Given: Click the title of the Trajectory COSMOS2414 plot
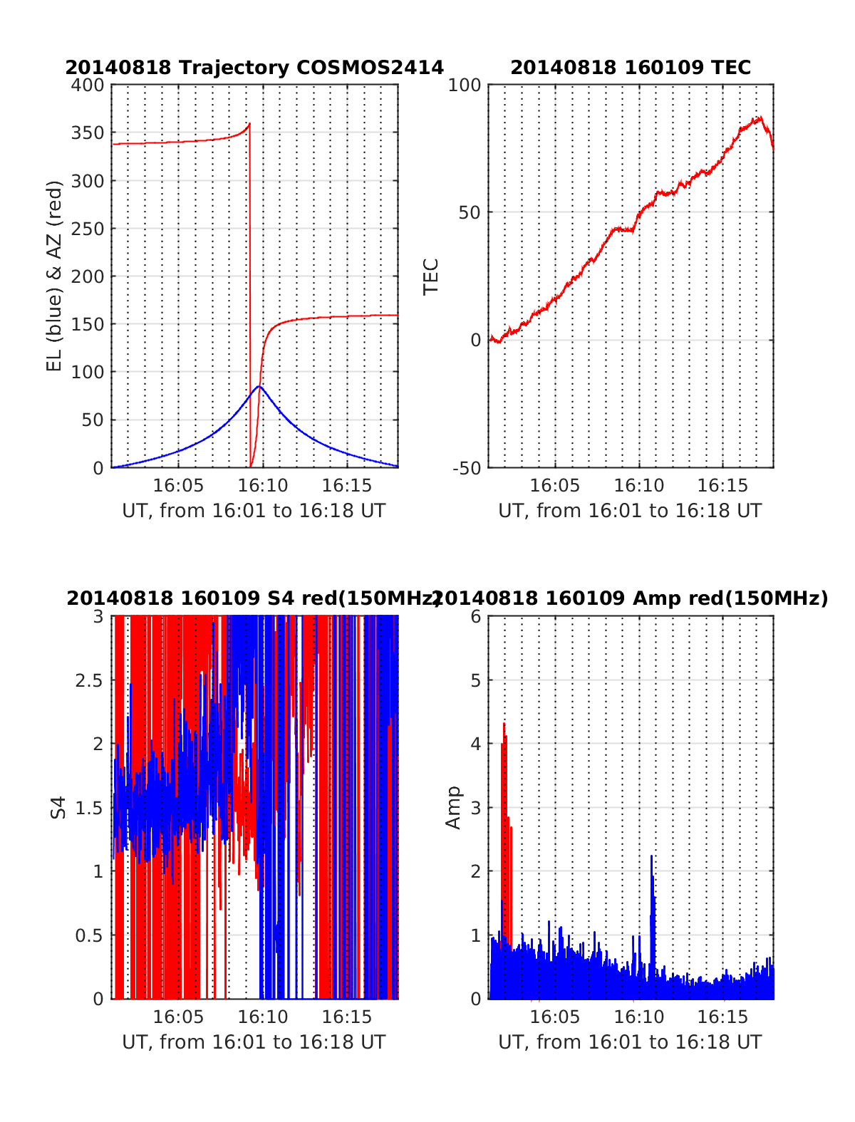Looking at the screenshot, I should pos(254,68).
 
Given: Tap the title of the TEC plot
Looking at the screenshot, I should pos(631,68).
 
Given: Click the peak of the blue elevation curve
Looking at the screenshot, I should pos(259,386).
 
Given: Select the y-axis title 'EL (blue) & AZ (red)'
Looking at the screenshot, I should pos(55,276).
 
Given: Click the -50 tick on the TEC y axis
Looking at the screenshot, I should pos(466,468).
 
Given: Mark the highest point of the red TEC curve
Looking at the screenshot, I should pos(760,118).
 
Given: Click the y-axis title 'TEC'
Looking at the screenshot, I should pos(431,276).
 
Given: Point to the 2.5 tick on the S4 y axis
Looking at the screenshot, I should pos(89,680).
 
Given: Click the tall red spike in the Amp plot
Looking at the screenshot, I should pos(504,724).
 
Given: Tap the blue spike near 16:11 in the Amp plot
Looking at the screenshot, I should pos(651,856).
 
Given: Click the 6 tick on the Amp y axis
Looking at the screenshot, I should pos(477,617).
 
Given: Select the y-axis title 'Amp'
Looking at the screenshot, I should pos(453,807).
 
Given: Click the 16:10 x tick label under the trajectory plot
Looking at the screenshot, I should pos(263,486).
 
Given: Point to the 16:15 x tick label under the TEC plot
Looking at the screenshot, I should pos(722,486).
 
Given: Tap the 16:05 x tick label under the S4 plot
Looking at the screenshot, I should pos(178,1017).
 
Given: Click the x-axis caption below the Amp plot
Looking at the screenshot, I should pos(630,1042).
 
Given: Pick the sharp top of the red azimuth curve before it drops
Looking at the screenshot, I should pos(249,124).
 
